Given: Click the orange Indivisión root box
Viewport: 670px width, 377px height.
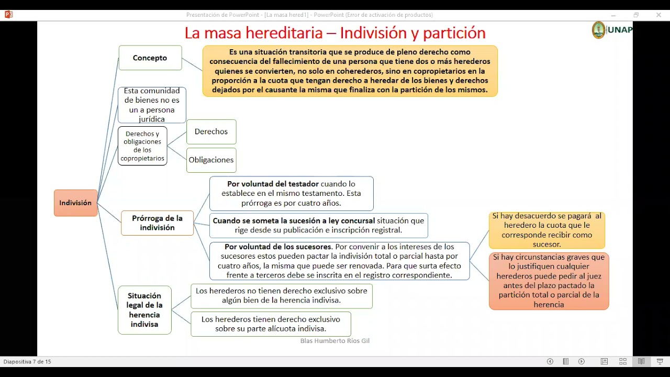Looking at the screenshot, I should (x=75, y=203).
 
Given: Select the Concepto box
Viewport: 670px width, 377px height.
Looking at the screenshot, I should (x=150, y=58).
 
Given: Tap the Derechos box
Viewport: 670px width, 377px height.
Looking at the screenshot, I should (x=211, y=132).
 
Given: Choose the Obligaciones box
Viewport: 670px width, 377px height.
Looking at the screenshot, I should (x=211, y=160).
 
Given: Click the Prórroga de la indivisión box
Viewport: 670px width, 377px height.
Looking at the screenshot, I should (x=157, y=223).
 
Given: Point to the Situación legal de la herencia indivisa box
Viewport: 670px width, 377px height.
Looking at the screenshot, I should (x=144, y=310).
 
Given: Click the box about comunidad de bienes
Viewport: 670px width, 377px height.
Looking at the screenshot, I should (x=152, y=105).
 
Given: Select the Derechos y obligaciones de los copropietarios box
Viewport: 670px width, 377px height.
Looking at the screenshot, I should (x=142, y=146).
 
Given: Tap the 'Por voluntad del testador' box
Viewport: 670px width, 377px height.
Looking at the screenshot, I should (x=291, y=194).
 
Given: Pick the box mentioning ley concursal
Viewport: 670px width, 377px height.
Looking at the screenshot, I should (x=318, y=226).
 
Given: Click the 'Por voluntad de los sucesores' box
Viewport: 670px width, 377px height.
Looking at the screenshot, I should (x=339, y=261).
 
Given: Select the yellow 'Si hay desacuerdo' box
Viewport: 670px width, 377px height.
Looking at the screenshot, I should (x=546, y=230).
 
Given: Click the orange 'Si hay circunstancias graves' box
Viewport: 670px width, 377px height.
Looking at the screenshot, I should (x=549, y=281).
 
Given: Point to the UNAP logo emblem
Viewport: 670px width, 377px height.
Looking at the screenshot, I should (x=598, y=30).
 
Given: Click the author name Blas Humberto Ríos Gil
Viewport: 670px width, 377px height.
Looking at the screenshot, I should (x=335, y=341).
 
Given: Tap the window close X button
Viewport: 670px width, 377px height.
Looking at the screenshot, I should (x=658, y=15).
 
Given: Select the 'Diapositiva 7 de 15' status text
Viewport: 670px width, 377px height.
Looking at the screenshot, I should (x=27, y=362).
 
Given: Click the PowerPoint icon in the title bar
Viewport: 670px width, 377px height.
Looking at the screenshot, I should (x=8, y=15).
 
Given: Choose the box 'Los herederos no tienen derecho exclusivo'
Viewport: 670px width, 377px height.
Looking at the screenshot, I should (x=282, y=296).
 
